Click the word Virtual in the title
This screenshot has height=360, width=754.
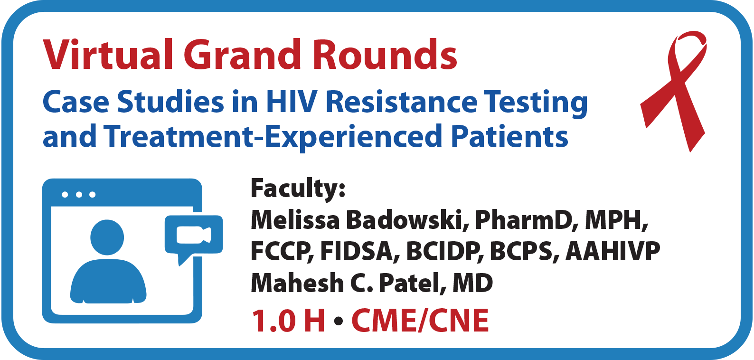(108, 55)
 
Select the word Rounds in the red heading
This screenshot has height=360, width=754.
(385, 55)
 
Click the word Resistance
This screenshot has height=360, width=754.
(402, 102)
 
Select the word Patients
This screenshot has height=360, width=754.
(509, 136)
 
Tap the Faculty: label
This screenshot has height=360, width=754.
(298, 189)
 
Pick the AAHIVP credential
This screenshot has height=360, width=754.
(613, 252)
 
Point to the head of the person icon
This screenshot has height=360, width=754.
(107, 237)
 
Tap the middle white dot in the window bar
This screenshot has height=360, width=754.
(79, 194)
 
